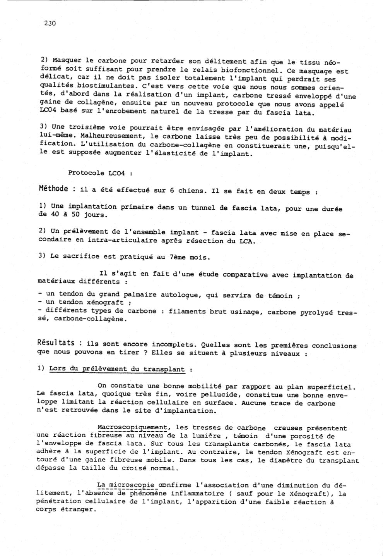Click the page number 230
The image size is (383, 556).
point(50,23)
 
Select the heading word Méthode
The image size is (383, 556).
point(54,189)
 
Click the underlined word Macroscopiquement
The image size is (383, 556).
point(132,428)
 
